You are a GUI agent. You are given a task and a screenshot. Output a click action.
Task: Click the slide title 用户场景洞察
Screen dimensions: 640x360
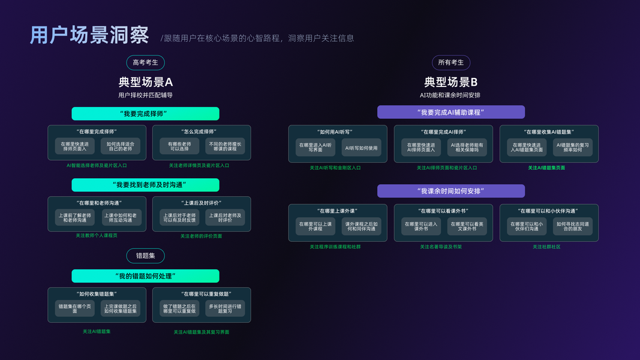coord(89,35)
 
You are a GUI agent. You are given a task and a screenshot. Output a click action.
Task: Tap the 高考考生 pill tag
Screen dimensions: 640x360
coord(145,62)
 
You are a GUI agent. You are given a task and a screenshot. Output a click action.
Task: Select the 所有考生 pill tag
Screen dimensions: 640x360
coord(450,62)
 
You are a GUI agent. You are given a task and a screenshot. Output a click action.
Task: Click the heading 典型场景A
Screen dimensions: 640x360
coord(145,82)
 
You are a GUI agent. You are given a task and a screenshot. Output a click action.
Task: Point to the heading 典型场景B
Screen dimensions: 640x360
coord(450,82)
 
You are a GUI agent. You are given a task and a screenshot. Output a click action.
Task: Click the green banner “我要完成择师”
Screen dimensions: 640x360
coord(145,113)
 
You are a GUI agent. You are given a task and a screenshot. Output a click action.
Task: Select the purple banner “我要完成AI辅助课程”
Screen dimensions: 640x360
coord(450,112)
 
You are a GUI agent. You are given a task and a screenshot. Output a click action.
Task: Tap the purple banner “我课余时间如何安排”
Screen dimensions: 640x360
coord(450,191)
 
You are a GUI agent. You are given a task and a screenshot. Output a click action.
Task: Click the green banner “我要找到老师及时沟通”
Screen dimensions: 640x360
coord(145,185)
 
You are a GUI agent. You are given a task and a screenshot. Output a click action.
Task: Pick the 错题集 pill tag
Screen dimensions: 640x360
coord(145,256)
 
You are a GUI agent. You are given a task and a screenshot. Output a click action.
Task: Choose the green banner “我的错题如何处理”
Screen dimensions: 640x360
coord(145,276)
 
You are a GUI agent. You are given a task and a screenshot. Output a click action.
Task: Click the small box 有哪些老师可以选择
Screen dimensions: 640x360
coord(179,146)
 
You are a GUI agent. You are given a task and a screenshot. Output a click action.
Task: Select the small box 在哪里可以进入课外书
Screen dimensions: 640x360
coord(421,226)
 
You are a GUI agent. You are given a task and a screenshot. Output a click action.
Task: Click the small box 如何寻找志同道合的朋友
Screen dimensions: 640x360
coord(572,226)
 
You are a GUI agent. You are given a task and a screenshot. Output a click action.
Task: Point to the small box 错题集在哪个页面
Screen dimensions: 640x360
coord(75,308)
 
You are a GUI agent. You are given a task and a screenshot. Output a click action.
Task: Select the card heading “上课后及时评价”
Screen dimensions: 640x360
coord(202,203)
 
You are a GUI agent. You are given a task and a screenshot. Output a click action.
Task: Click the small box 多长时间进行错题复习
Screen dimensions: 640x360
coord(225,308)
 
